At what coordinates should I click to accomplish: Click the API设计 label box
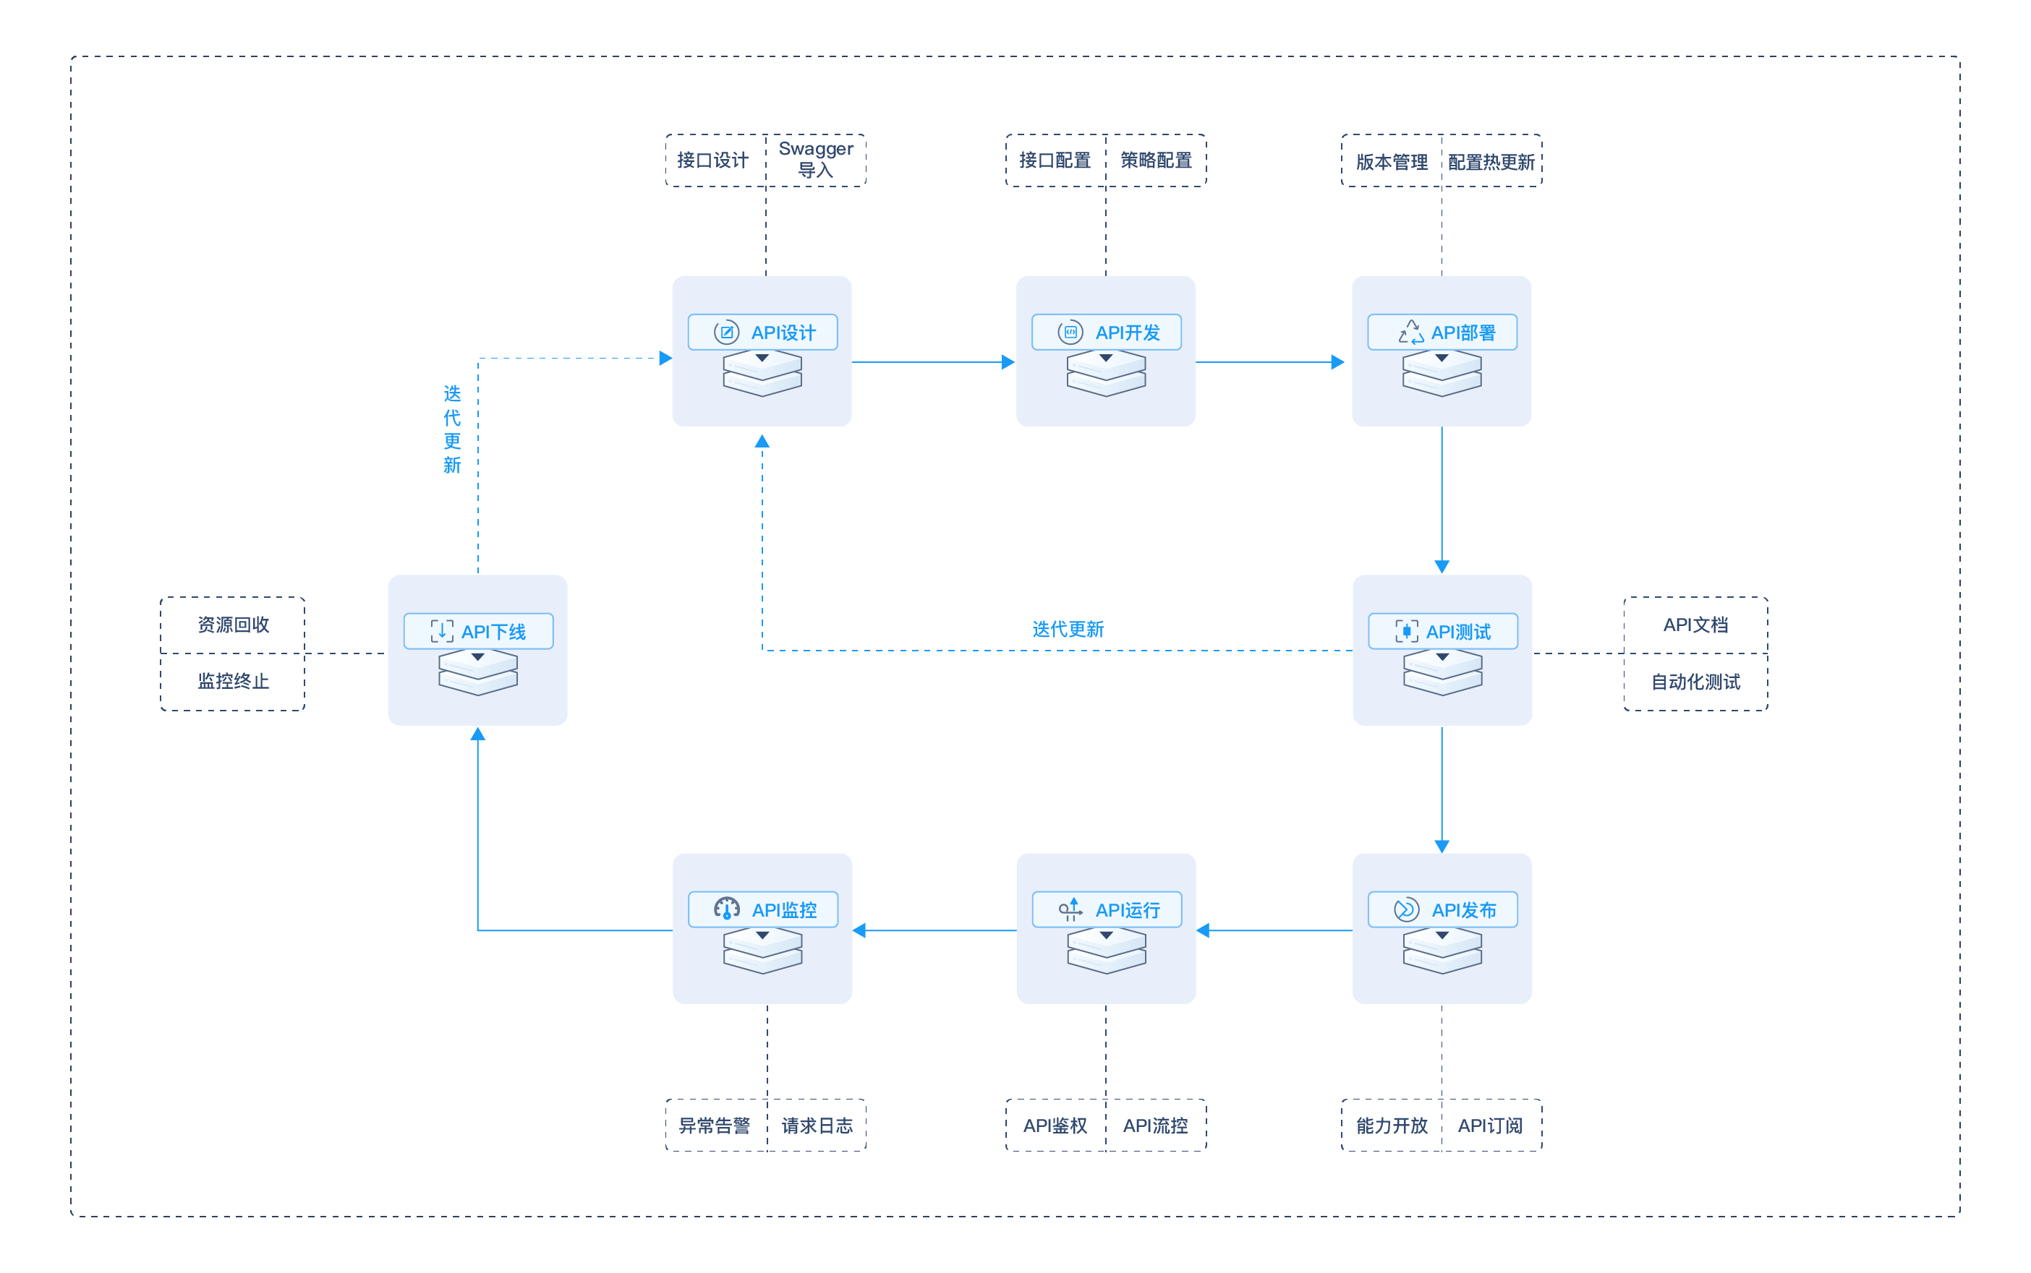pos(762,332)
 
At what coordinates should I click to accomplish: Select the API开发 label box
pos(1106,332)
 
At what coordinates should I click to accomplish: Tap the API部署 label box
pos(1442,332)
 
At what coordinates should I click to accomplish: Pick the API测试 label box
pos(1443,630)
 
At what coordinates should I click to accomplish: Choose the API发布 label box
pos(1442,909)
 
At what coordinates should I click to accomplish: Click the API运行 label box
pos(1107,909)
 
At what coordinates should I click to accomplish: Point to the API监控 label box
pos(763,909)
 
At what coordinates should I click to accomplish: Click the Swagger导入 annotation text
pos(815,159)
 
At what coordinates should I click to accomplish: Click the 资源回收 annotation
pos(234,625)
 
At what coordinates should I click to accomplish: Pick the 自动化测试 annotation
pos(1695,682)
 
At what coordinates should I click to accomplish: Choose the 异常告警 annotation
pos(715,1126)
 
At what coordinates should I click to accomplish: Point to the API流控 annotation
pos(1156,1126)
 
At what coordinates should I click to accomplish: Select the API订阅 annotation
pos(1490,1126)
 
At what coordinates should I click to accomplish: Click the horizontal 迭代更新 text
pos(1068,629)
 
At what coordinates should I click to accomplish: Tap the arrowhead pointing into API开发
pos(1008,362)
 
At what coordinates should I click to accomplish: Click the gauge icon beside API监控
pos(726,909)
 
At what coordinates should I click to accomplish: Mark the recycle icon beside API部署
pos(1411,332)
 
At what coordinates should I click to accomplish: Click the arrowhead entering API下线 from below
pos(477,734)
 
